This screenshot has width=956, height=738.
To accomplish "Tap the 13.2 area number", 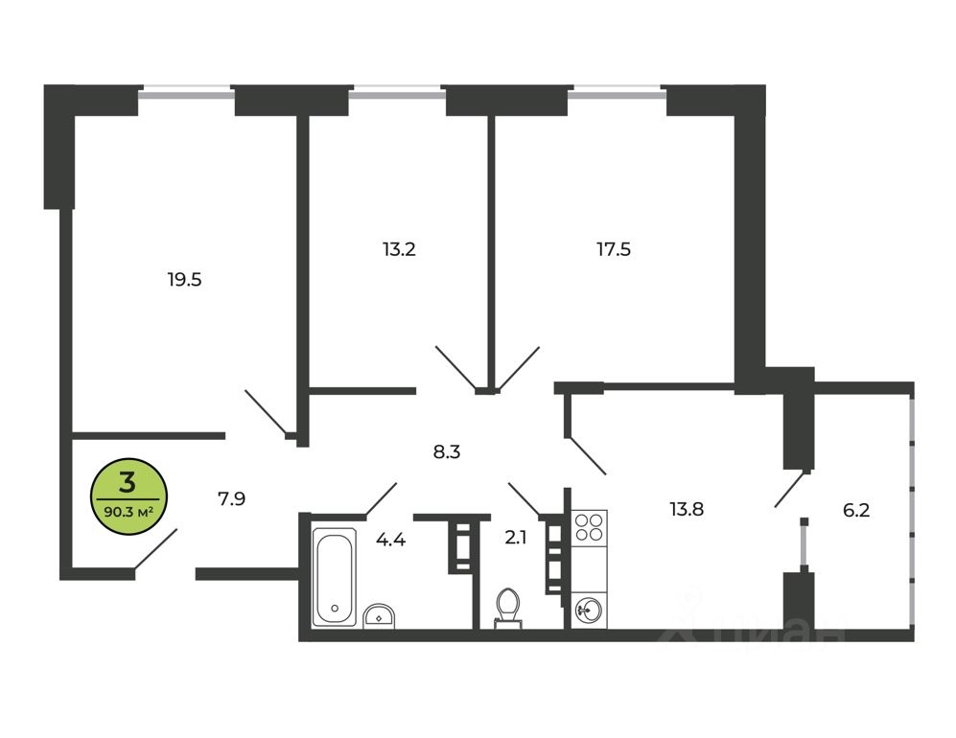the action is click(x=398, y=249).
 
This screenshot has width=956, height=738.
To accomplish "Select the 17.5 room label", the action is click(x=613, y=249).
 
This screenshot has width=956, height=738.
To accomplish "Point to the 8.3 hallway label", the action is click(x=447, y=450).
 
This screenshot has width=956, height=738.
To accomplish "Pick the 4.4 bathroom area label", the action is click(x=390, y=540).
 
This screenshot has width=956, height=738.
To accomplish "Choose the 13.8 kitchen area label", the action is click(x=686, y=509).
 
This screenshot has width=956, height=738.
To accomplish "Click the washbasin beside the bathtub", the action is click(x=381, y=615).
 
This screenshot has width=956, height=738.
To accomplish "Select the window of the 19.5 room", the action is click(x=186, y=93).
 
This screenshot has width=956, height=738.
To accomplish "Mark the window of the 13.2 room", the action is click(x=397, y=93).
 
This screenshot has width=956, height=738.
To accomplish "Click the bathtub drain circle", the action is click(x=334, y=607).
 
